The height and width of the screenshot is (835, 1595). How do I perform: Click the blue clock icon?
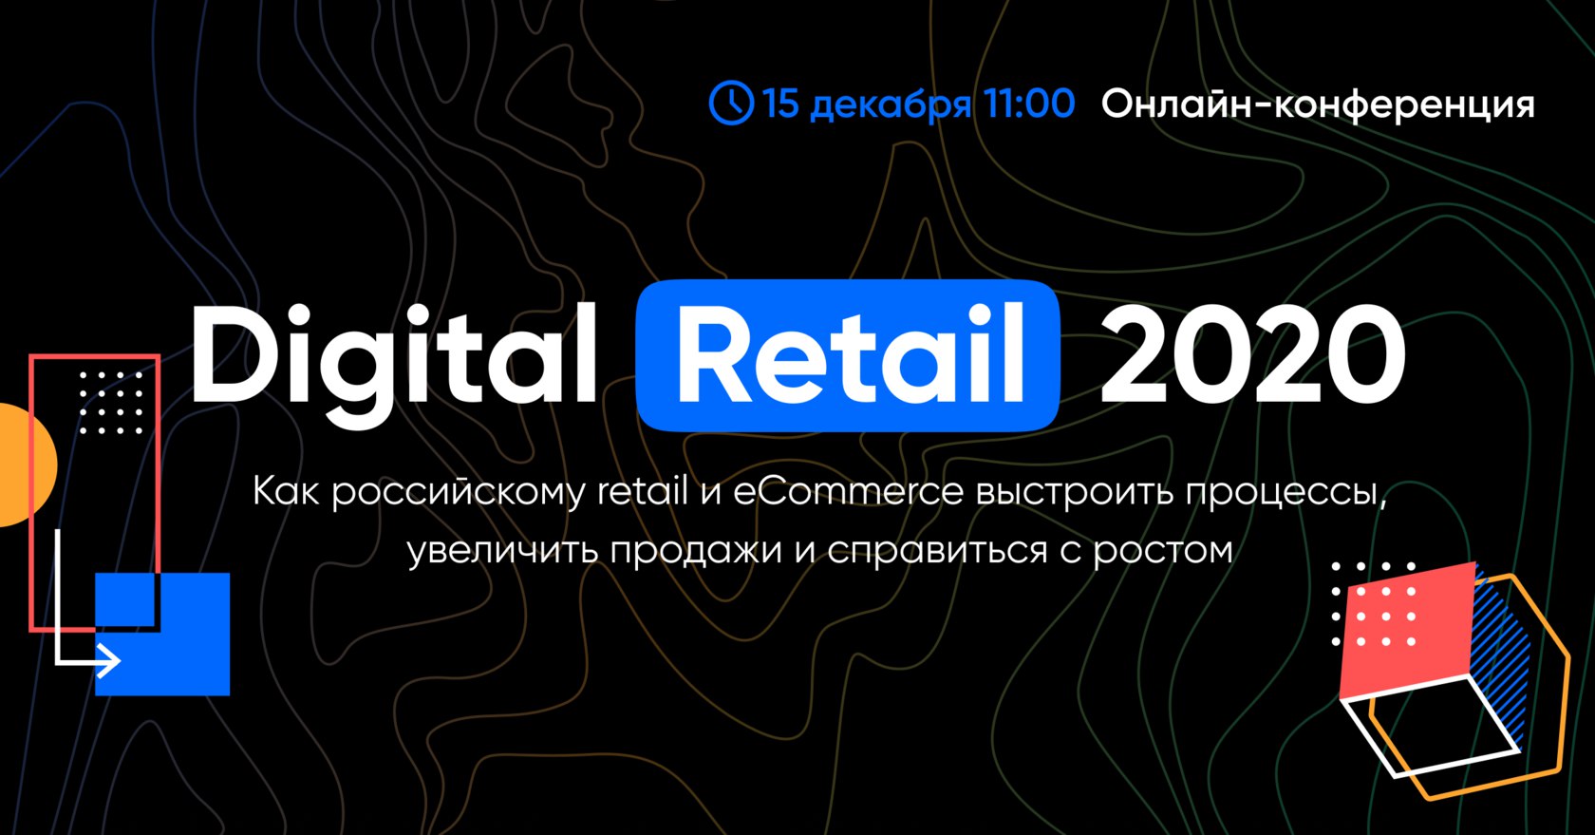coord(731,103)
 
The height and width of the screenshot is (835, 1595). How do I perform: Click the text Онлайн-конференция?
coord(1318,105)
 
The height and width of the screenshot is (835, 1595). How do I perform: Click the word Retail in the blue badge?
coord(851,355)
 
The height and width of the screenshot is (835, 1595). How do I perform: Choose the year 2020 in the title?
coord(1252,355)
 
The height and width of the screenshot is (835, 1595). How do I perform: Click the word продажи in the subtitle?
coord(696,551)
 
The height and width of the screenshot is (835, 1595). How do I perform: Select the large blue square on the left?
coord(162,634)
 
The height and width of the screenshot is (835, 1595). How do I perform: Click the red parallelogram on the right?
coord(1405,631)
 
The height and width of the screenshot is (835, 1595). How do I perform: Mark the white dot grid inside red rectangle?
coord(111,403)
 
